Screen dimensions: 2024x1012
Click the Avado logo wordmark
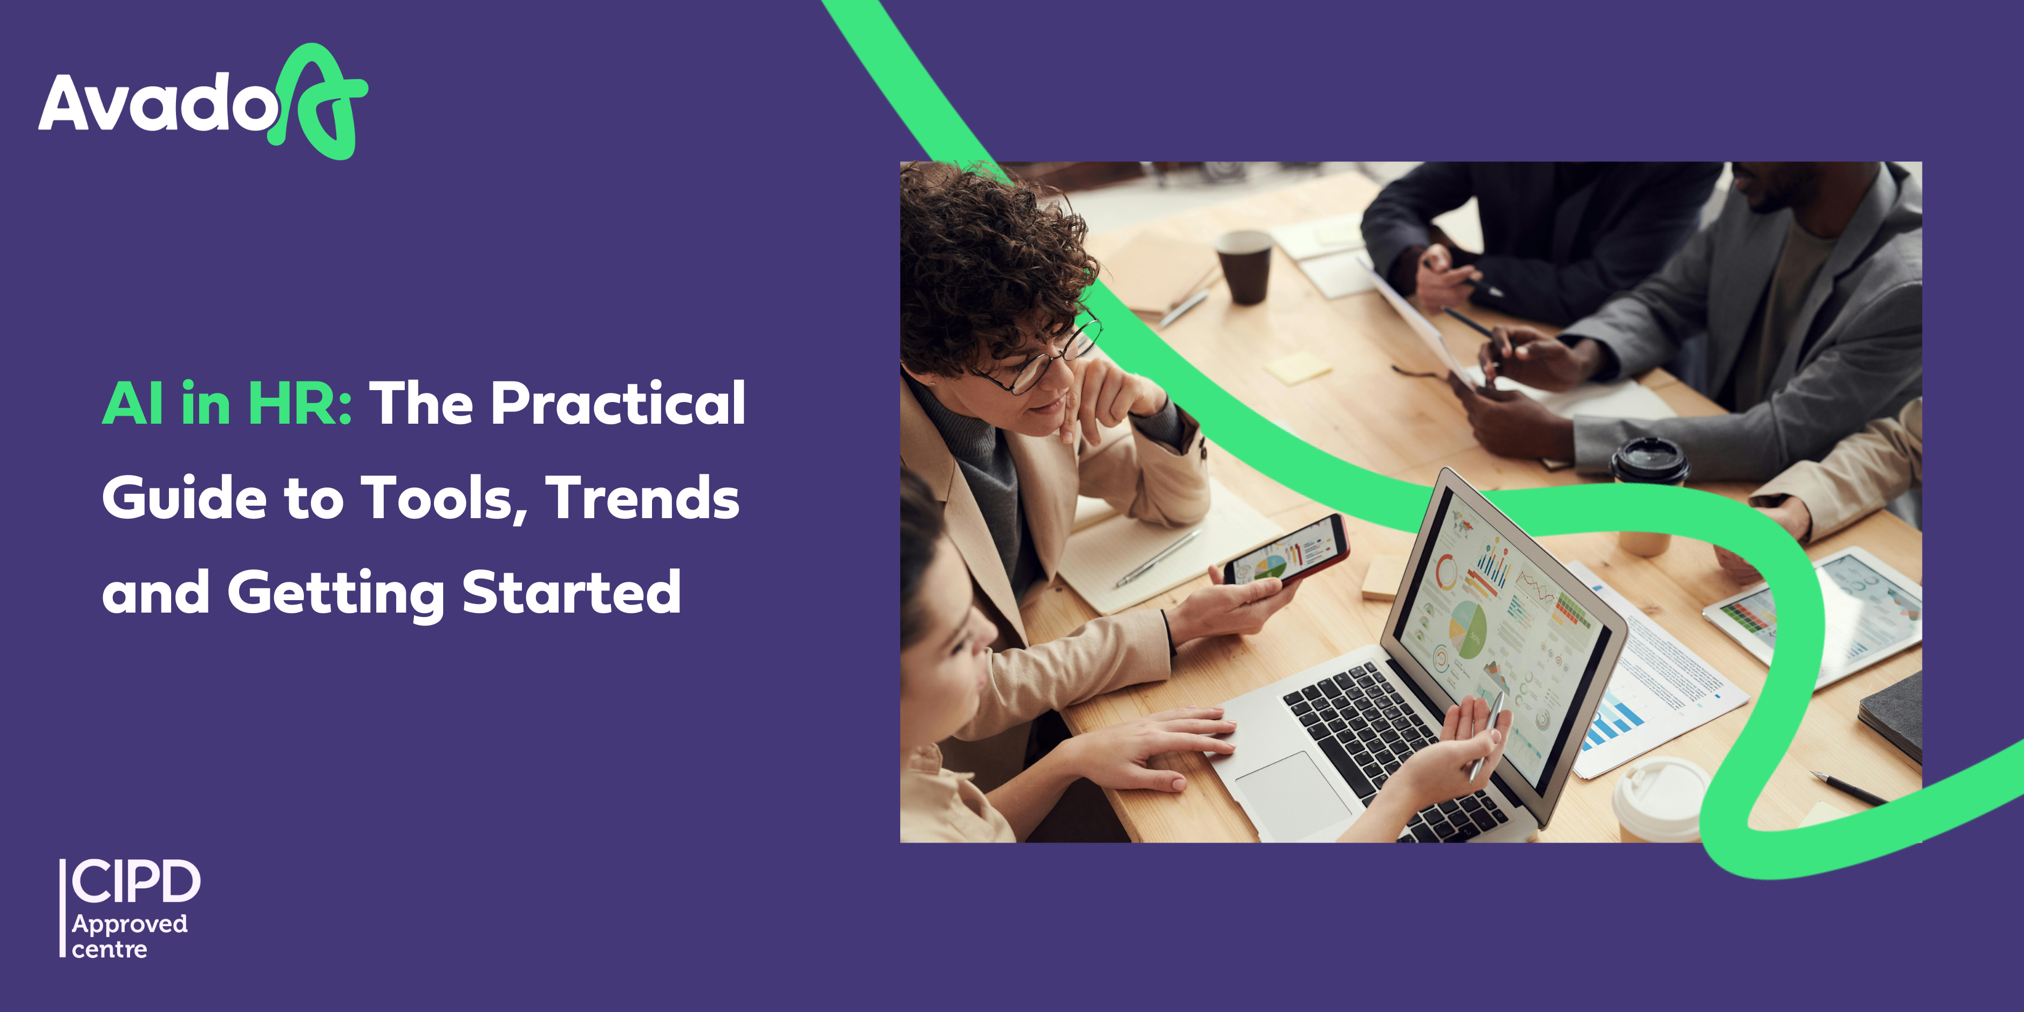tap(157, 102)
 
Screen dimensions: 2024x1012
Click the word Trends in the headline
tap(643, 498)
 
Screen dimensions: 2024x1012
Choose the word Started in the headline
tap(571, 592)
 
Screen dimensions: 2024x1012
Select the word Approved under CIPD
tap(130, 925)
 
